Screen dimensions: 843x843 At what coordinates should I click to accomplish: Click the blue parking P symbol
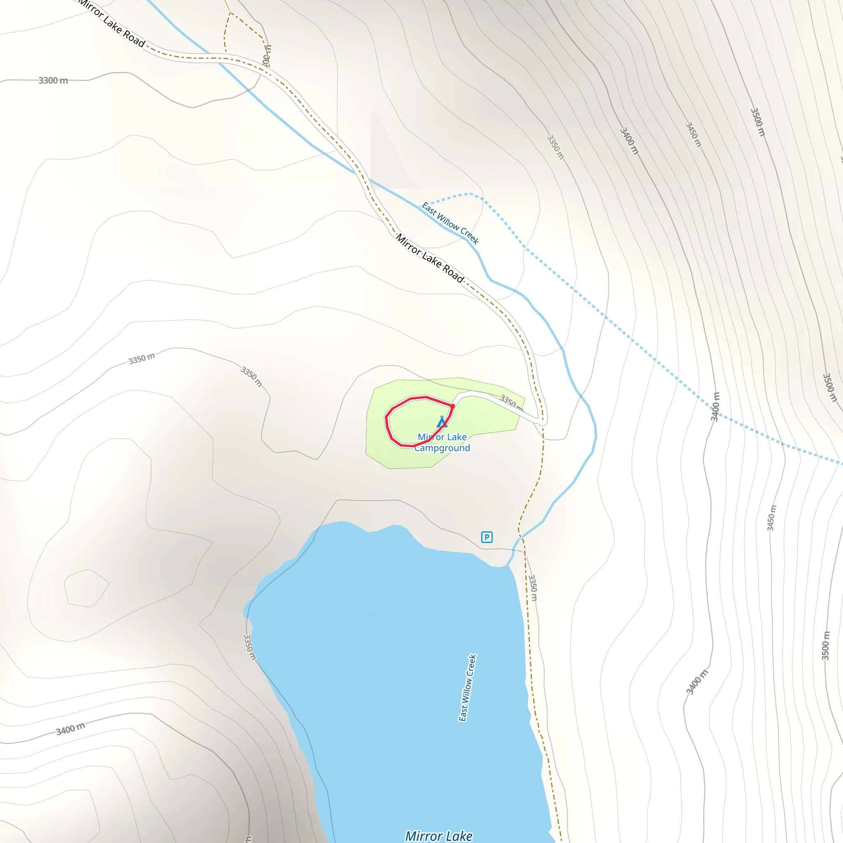(487, 537)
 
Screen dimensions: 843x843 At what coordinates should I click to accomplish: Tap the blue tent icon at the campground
(442, 422)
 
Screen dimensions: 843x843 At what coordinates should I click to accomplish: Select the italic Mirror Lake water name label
(438, 836)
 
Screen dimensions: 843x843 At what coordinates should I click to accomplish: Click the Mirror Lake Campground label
(442, 442)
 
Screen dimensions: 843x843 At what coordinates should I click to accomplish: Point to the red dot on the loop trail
(453, 406)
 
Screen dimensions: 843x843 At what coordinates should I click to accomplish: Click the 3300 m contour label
(53, 80)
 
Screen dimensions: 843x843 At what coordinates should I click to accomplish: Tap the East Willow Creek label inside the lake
(467, 688)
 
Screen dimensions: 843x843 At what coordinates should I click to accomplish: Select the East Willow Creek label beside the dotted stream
(450, 223)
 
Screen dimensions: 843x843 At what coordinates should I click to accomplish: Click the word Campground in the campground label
(442, 448)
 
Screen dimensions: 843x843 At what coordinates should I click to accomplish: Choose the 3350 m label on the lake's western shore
(249, 647)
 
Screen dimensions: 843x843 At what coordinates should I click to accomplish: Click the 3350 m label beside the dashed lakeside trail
(533, 588)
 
